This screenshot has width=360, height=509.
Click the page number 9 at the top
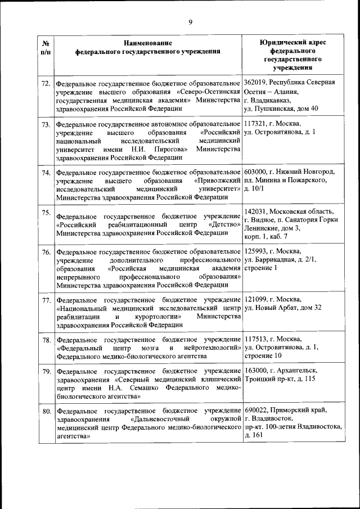click(190, 22)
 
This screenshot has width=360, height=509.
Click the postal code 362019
click(256, 82)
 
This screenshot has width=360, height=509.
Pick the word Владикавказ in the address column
click(277, 100)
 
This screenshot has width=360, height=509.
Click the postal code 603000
click(256, 171)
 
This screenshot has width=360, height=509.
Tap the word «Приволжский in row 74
click(217, 181)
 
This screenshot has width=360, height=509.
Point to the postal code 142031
click(256, 211)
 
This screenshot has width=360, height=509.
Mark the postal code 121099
click(256, 299)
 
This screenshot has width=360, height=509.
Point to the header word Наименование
click(148, 43)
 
